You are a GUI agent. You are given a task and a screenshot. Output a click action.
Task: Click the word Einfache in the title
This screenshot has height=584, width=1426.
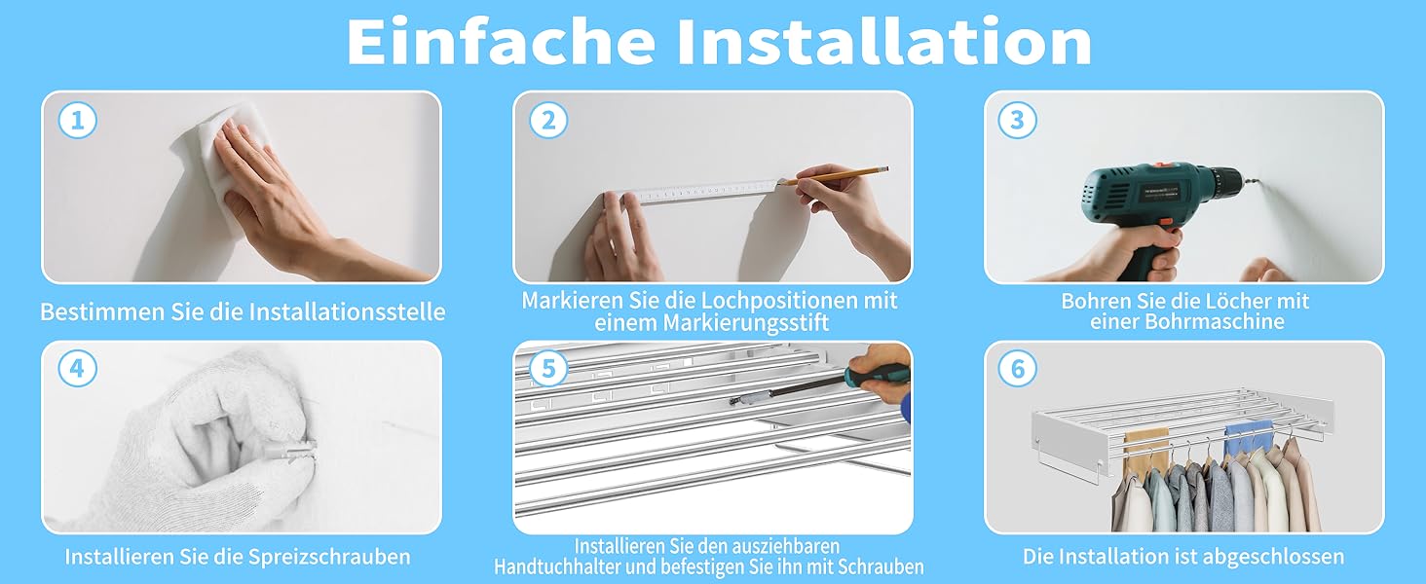[501, 41]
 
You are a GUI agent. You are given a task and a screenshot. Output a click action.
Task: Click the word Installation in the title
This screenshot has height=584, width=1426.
[884, 41]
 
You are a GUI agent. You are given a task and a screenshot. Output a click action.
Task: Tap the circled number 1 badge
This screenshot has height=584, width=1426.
[78, 121]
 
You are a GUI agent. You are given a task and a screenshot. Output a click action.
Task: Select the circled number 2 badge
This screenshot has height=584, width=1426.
[548, 121]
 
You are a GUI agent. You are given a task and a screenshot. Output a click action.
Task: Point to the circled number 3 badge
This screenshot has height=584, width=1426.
[1017, 121]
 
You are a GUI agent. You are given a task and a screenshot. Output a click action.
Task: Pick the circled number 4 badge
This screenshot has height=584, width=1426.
[78, 368]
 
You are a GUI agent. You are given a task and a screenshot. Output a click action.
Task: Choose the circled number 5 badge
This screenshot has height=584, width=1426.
[548, 368]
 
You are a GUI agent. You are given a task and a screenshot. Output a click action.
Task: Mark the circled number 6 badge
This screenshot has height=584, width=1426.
[1017, 368]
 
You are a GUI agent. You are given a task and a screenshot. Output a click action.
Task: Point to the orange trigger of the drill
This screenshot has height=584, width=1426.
[1166, 223]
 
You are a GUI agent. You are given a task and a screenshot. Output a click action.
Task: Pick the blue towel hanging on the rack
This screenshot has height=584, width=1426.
[1249, 433]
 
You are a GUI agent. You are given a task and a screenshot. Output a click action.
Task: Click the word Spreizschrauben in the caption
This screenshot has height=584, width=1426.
[329, 558]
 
